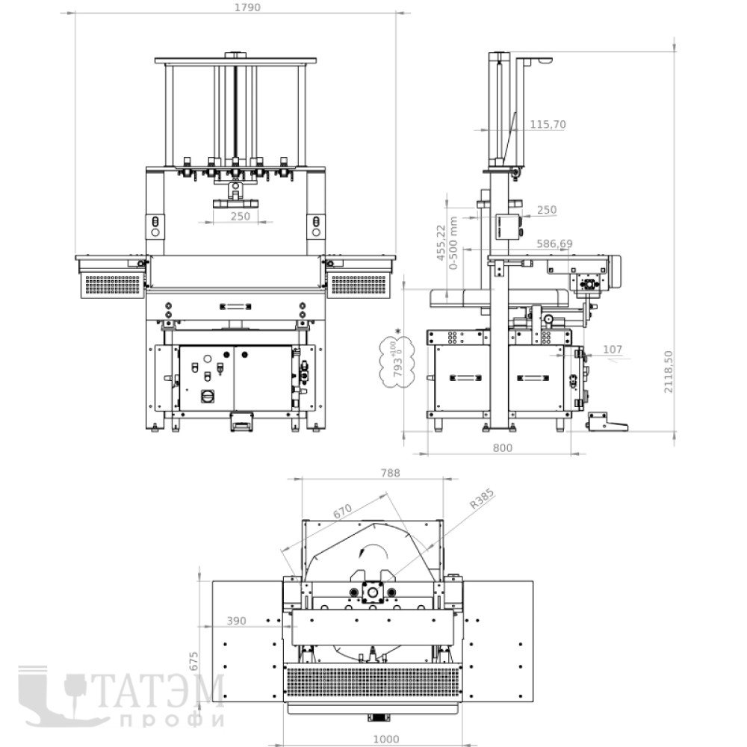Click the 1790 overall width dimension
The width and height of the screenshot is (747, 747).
point(248,7)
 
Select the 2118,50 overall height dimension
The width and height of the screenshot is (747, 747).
point(669,371)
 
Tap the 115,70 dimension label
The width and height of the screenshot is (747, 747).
point(548,124)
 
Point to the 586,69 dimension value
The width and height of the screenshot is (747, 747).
point(554,244)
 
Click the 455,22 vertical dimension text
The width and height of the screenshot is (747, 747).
point(441,243)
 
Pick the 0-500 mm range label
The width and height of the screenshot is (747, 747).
point(453,243)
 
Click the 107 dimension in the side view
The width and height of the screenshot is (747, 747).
point(613,349)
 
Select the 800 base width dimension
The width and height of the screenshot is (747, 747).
point(502,447)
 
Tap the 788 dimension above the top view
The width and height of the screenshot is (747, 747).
point(390,473)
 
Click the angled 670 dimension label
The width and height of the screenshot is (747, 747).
point(342,511)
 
